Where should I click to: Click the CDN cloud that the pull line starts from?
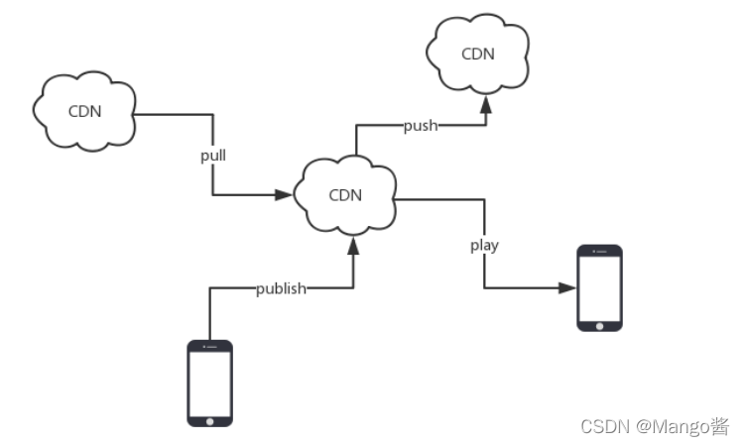pyautogui.click(x=83, y=110)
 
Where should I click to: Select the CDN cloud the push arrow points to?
pyautogui.click(x=477, y=54)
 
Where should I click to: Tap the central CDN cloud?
pyautogui.click(x=344, y=194)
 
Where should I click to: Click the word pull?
pyautogui.click(x=212, y=156)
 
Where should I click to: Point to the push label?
pyautogui.click(x=421, y=126)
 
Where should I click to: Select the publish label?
pyautogui.click(x=281, y=288)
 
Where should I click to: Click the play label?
pyautogui.click(x=484, y=245)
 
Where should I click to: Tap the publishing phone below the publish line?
pyautogui.click(x=210, y=383)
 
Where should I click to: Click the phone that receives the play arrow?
pyautogui.click(x=600, y=287)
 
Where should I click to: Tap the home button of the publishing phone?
pyautogui.click(x=210, y=420)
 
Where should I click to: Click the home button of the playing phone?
pyautogui.click(x=600, y=324)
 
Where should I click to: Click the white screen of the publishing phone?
pyautogui.click(x=210, y=381)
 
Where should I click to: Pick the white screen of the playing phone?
pyautogui.click(x=600, y=286)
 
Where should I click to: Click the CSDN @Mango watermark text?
pyautogui.click(x=655, y=427)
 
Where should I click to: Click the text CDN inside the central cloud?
pyautogui.click(x=345, y=194)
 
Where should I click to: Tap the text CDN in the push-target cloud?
pyautogui.click(x=478, y=54)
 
